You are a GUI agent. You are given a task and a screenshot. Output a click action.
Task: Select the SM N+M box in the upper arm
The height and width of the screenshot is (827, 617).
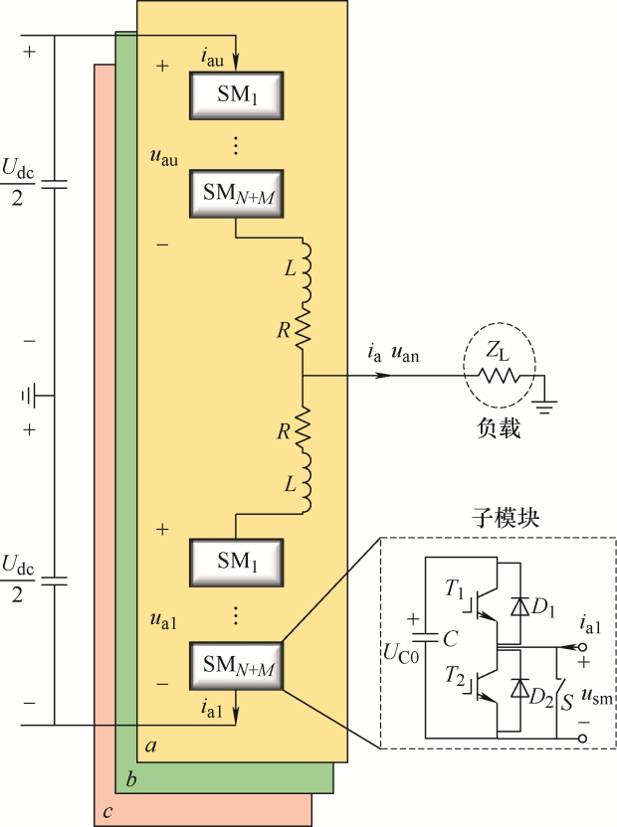[237, 195]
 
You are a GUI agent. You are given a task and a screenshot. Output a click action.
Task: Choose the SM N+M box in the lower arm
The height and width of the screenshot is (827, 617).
[237, 665]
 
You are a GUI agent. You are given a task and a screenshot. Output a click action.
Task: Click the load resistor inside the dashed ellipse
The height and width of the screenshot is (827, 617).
[498, 377]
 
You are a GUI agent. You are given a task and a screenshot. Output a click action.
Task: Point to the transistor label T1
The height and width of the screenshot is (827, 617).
[453, 593]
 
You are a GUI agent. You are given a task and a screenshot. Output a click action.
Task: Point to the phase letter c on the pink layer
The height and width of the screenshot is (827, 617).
[106, 809]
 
